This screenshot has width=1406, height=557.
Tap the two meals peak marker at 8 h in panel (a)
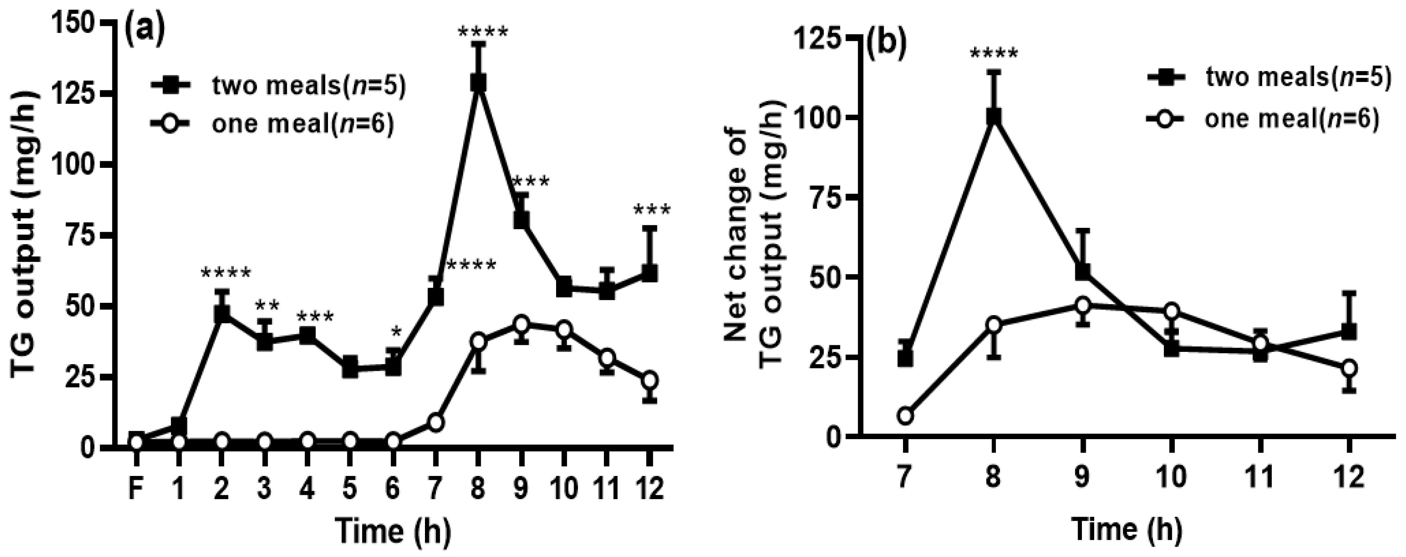point(478,83)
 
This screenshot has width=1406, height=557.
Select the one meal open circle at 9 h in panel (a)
point(521,323)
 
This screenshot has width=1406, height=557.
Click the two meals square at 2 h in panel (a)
point(221,314)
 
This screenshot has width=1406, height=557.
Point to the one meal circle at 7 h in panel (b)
point(905,416)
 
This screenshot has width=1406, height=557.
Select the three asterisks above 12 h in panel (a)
point(652,210)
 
